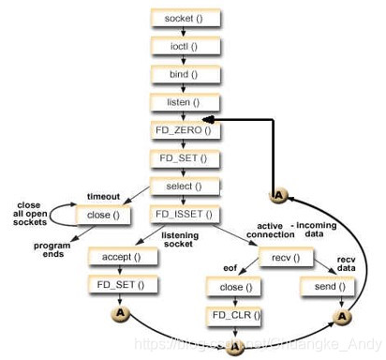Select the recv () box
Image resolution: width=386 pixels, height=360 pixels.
pos(237,256)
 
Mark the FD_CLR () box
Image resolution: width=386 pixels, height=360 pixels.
pos(237,315)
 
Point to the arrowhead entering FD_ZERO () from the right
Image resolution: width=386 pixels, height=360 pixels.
pos(211,120)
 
